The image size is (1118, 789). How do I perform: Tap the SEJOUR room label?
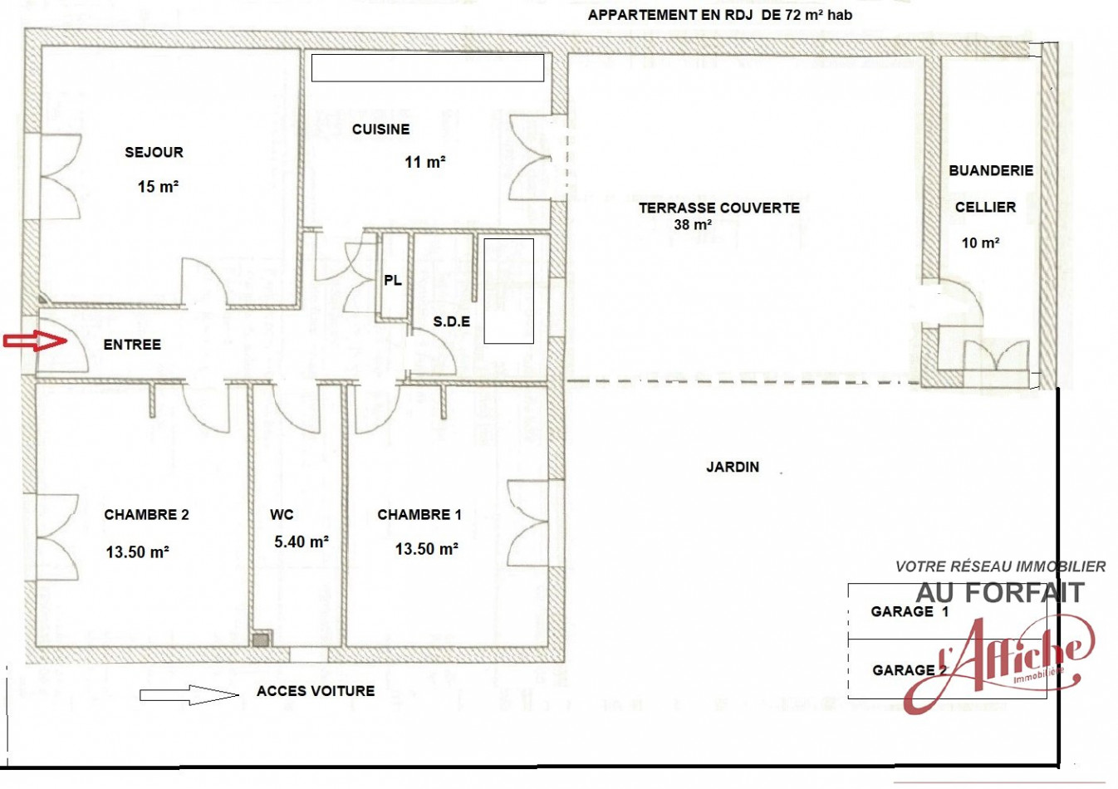coord(154,153)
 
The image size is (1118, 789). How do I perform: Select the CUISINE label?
coord(380,130)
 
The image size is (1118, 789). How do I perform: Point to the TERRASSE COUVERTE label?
coord(718,208)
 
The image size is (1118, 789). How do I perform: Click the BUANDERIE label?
coord(991,170)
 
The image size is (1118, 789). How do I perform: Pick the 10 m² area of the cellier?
coord(980,243)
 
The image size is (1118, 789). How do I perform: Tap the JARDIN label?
coord(733,468)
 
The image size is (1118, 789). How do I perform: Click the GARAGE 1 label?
coord(910,612)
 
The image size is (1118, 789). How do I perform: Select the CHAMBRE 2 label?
coord(146,515)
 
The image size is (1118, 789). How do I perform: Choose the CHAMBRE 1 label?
coord(419,515)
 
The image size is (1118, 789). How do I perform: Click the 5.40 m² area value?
coord(301,542)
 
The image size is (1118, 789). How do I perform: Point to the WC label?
coord(282,515)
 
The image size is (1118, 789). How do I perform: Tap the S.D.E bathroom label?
coord(451,321)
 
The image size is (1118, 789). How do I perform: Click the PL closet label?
coord(393,281)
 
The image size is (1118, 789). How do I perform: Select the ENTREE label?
coord(132,345)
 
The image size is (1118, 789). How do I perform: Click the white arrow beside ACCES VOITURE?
coord(189,694)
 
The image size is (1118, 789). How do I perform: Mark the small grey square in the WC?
coord(262,640)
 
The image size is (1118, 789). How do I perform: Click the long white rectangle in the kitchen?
coord(427,68)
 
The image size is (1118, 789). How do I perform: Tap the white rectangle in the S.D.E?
coord(508,291)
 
